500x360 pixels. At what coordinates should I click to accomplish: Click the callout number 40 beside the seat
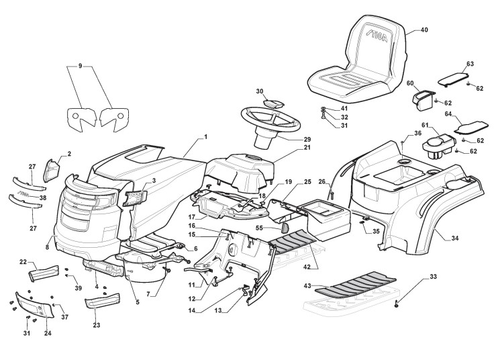[x=423, y=30]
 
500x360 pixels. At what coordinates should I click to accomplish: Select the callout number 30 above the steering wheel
[x=259, y=91]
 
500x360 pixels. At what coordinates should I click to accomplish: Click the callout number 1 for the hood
[x=205, y=137]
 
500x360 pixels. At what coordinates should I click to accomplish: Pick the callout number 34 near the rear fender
[x=455, y=238]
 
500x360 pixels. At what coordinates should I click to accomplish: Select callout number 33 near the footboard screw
[x=433, y=277]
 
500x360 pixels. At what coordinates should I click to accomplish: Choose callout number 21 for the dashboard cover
[x=289, y=148]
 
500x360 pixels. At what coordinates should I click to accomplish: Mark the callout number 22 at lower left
[x=23, y=262]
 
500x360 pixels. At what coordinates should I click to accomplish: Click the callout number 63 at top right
[x=470, y=63]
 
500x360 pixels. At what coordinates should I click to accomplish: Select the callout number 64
[x=448, y=114]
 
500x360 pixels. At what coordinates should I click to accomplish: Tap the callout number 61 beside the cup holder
[x=425, y=126]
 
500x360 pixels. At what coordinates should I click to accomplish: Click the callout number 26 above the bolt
[x=321, y=181]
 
